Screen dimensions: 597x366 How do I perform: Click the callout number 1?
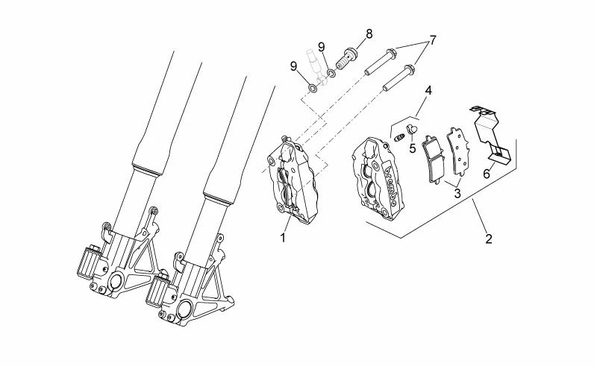pos(283,238)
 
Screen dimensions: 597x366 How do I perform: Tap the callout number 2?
pos(489,239)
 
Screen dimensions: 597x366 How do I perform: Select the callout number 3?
pos(457,193)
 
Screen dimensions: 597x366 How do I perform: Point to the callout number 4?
pos(428,91)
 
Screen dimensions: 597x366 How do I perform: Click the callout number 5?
pos(413,148)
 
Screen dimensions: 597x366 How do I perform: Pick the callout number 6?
pos(487,174)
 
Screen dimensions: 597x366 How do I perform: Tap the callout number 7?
pos(433,40)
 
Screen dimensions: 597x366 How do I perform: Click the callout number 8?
pos(369,34)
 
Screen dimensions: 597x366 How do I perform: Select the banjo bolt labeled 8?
pos(347,59)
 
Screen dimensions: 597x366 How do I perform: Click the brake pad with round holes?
pos(457,151)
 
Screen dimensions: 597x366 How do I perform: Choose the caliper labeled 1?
pos(291,180)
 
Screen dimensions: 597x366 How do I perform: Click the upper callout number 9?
pos(322,47)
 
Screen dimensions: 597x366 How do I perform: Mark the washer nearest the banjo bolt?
pos(331,72)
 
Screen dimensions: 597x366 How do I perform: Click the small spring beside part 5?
pos(399,137)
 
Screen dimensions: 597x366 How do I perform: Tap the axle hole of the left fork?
pos(116,282)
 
